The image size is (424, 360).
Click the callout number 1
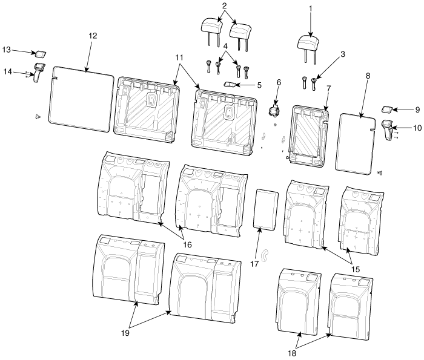(x=310, y=9)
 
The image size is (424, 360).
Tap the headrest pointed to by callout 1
(x=308, y=45)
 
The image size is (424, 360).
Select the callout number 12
(x=93, y=36)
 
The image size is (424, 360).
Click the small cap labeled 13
(x=40, y=54)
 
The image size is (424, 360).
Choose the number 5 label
(x=259, y=85)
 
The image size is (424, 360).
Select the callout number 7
(x=328, y=88)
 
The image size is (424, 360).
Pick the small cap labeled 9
(x=386, y=109)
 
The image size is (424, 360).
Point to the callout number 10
(x=417, y=128)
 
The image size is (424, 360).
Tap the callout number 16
(x=187, y=244)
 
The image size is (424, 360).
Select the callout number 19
(x=125, y=333)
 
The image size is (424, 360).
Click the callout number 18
(x=292, y=353)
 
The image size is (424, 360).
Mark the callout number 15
(x=356, y=269)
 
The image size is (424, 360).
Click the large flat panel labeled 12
(x=81, y=99)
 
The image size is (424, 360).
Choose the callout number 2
(x=224, y=6)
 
